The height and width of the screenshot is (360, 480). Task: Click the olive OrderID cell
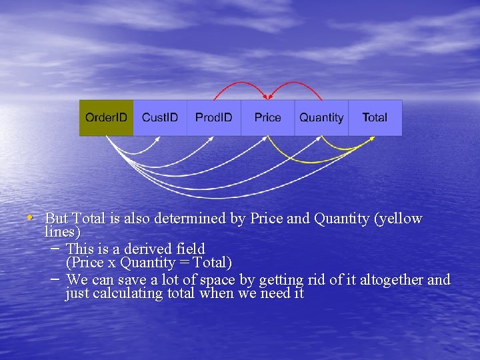click(106, 118)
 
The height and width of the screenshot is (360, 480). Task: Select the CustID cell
click(160, 118)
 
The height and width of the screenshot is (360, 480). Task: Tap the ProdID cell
click(214, 118)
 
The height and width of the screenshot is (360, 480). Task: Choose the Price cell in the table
click(267, 118)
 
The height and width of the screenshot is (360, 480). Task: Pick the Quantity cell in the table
click(321, 118)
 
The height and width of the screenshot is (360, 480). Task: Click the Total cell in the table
click(375, 118)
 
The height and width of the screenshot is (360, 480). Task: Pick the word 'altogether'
click(389, 280)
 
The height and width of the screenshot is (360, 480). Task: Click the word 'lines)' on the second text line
click(62, 232)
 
